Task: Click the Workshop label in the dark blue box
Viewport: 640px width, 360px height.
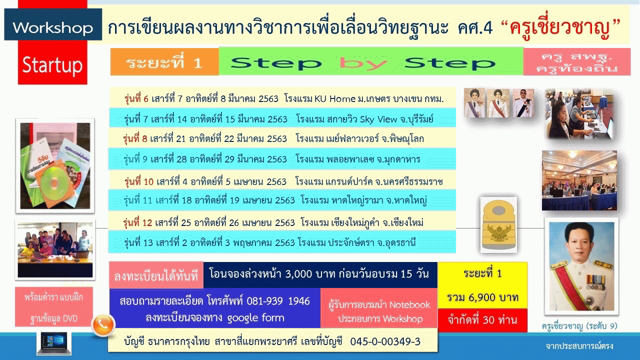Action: pyautogui.click(x=53, y=28)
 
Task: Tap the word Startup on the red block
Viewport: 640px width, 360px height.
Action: pyautogui.click(x=52, y=65)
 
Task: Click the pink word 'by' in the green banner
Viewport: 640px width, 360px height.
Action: pyautogui.click(x=363, y=63)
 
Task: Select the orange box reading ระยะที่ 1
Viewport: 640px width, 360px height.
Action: pyautogui.click(x=164, y=61)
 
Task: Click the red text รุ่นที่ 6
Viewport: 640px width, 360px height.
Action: pyautogui.click(x=136, y=99)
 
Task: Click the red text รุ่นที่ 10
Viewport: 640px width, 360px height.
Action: pyautogui.click(x=139, y=181)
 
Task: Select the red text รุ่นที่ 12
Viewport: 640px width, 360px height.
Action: pyautogui.click(x=137, y=222)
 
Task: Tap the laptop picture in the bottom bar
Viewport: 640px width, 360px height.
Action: pyautogui.click(x=53, y=343)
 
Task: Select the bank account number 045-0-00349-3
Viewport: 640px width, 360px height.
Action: pyautogui.click(x=385, y=341)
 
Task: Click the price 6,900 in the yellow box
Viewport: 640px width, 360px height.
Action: pyautogui.click(x=483, y=297)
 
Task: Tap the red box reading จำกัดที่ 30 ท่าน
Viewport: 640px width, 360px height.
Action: pyautogui.click(x=482, y=320)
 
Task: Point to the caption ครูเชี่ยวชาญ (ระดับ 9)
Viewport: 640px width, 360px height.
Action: pyautogui.click(x=579, y=326)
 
